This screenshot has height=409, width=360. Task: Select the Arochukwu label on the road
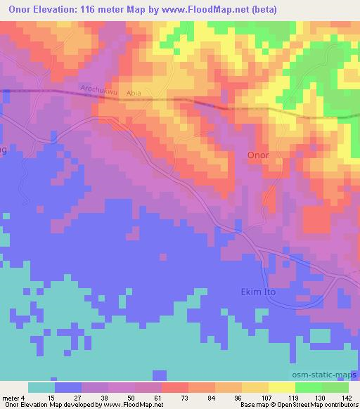tap(98, 90)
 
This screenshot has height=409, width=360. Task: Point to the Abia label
tap(134, 91)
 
